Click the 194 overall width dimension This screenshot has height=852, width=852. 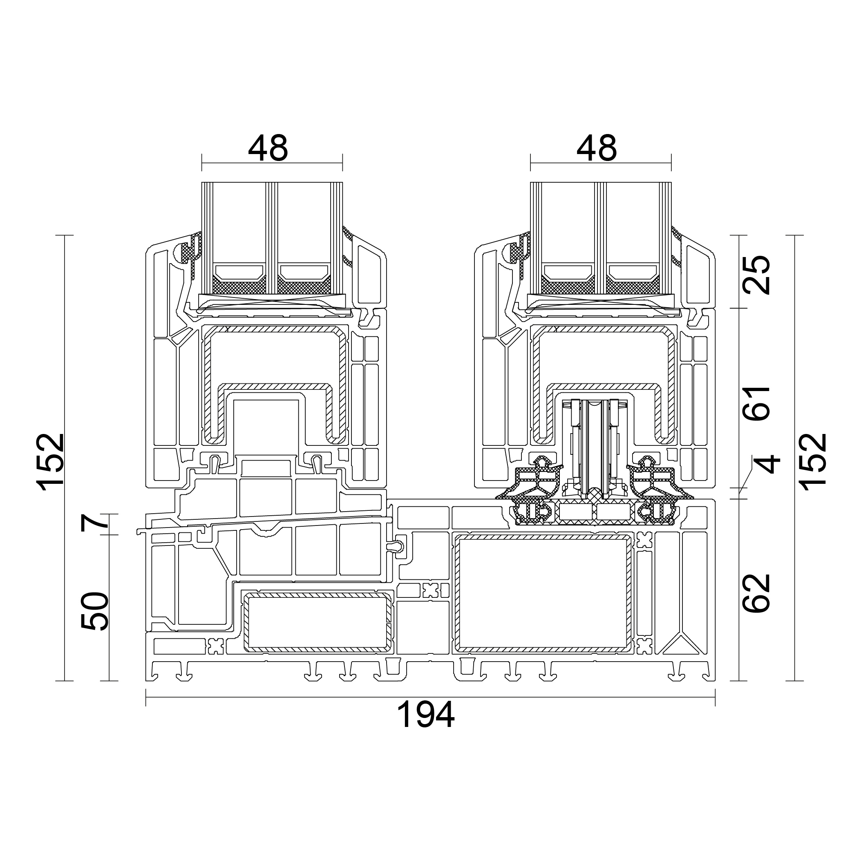pyautogui.click(x=425, y=714)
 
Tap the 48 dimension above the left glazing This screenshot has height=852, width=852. pyautogui.click(x=268, y=148)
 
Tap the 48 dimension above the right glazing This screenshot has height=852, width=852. pyautogui.click(x=596, y=148)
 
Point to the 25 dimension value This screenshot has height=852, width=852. pyautogui.click(x=757, y=275)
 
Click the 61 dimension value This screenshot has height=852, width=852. pyautogui.click(x=757, y=403)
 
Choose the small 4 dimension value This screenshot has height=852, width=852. pyautogui.click(x=767, y=465)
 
